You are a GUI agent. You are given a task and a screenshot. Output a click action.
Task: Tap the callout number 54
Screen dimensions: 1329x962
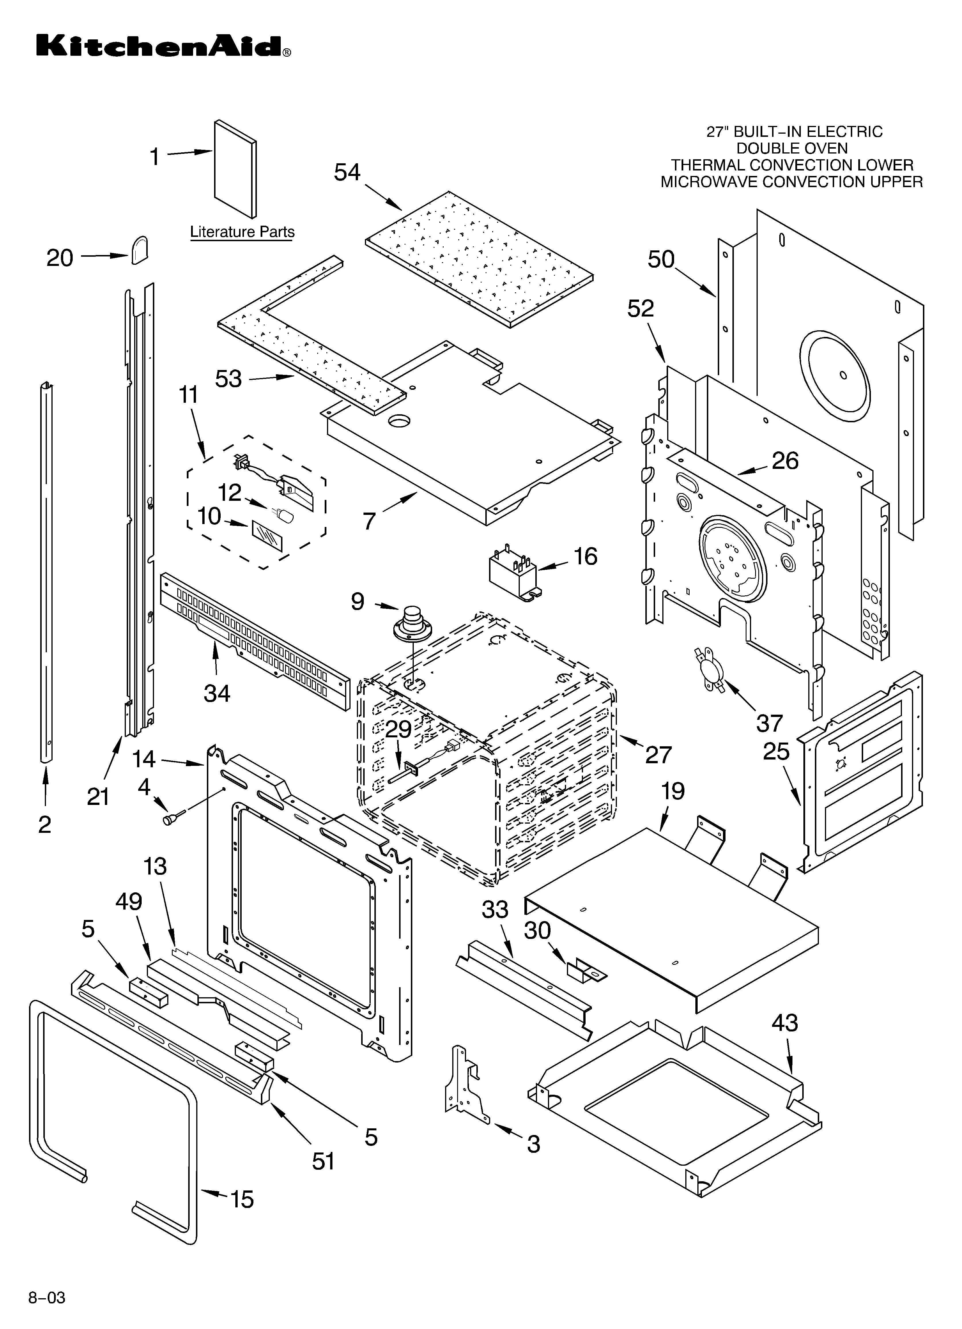click(x=347, y=172)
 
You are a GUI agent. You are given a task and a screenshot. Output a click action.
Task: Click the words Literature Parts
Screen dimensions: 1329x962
click(x=242, y=232)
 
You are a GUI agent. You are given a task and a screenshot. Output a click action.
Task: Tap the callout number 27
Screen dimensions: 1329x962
click(x=659, y=755)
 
